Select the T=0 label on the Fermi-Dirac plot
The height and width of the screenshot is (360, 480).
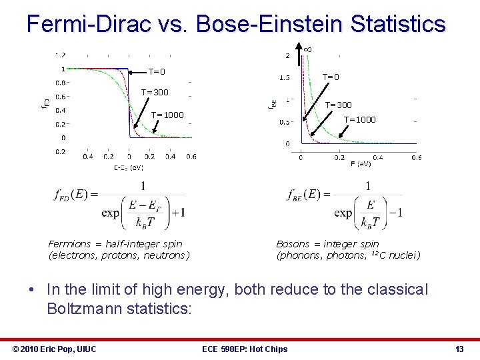(x=157, y=72)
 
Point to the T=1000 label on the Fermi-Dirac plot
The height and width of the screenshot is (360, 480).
(x=167, y=115)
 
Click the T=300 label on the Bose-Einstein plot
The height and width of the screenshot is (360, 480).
(x=338, y=105)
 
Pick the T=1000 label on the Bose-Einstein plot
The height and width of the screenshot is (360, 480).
(x=359, y=120)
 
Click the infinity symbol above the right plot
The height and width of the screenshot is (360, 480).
(x=307, y=49)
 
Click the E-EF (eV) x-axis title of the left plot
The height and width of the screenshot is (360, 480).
(x=128, y=167)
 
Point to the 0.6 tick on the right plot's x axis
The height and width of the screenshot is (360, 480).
(x=416, y=157)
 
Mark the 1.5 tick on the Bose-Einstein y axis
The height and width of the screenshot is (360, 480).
(x=284, y=78)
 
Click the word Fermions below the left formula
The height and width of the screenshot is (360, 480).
(x=70, y=244)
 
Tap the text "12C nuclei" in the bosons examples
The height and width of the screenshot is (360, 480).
(x=394, y=255)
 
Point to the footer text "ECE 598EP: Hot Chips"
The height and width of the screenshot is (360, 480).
(x=244, y=349)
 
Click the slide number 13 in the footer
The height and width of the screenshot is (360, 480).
(x=459, y=349)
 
